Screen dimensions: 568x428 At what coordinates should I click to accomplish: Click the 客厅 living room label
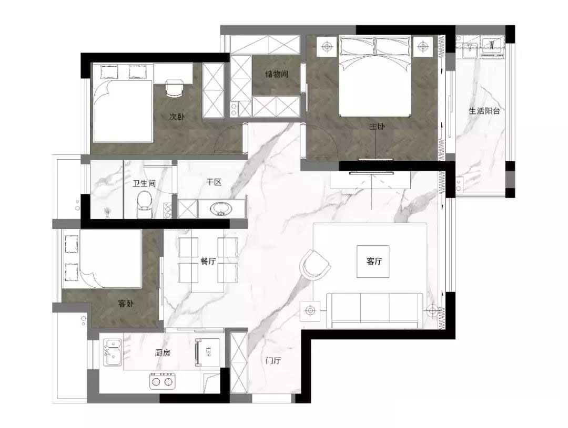click(374, 261)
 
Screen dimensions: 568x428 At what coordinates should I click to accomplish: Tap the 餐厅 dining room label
click(208, 261)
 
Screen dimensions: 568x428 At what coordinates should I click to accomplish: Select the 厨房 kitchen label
click(163, 353)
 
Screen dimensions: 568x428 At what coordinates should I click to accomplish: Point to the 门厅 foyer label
click(273, 361)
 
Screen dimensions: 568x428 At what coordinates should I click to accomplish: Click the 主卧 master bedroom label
click(377, 127)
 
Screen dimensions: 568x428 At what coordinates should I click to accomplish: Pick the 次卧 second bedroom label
click(177, 117)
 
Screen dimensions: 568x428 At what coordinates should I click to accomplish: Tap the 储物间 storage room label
click(277, 74)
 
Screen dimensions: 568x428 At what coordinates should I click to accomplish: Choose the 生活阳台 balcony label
click(484, 111)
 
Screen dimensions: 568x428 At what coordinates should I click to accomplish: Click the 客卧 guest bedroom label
click(125, 304)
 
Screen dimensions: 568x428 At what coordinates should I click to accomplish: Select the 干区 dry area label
click(214, 182)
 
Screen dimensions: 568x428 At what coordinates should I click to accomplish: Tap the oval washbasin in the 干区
click(221, 209)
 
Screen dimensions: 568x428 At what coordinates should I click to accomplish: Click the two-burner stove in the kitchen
click(162, 381)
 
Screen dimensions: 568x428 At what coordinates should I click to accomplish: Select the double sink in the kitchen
click(112, 352)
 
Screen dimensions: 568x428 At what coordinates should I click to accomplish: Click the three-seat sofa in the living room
click(375, 310)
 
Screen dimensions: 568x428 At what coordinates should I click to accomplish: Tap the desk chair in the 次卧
click(175, 88)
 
